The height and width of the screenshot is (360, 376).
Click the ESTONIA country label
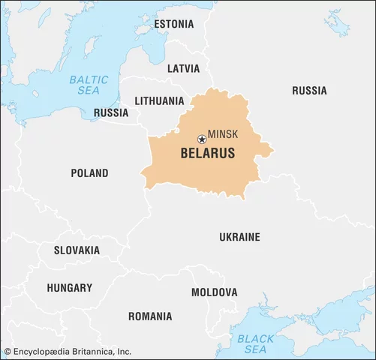[173, 24]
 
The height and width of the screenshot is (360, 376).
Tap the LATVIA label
[183, 68]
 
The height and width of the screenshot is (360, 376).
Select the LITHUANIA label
[159, 100]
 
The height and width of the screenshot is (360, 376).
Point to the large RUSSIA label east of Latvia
[309, 91]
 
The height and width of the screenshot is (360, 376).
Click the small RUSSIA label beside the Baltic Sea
[110, 113]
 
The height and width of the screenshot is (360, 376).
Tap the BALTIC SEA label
[89, 85]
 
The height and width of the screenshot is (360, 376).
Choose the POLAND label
[89, 173]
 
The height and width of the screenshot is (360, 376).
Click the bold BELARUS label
[207, 154]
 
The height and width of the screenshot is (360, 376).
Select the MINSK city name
[223, 133]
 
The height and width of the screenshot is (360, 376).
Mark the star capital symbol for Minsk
[201, 139]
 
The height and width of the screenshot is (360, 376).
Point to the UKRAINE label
[239, 237]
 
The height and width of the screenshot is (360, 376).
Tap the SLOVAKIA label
[76, 250]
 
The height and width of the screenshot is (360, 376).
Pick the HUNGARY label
[69, 287]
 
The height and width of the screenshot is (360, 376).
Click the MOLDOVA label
[214, 292]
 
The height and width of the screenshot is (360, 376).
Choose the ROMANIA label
[149, 316]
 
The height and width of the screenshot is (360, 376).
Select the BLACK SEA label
[256, 344]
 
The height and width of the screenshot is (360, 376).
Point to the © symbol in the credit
[8, 351]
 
